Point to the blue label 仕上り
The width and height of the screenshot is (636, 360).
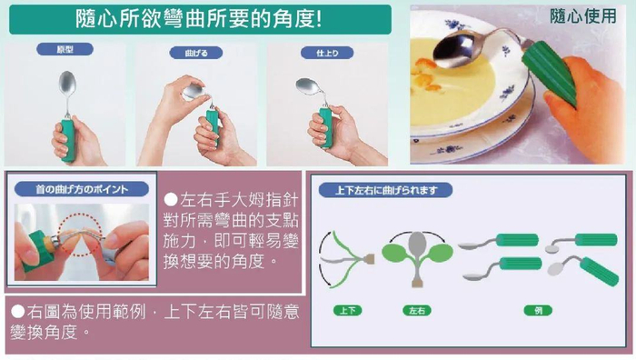326,53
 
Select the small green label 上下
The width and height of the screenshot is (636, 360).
347,311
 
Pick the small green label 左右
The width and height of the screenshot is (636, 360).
416,311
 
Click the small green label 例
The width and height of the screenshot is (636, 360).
539,311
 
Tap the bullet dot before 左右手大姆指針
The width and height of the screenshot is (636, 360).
170,199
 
